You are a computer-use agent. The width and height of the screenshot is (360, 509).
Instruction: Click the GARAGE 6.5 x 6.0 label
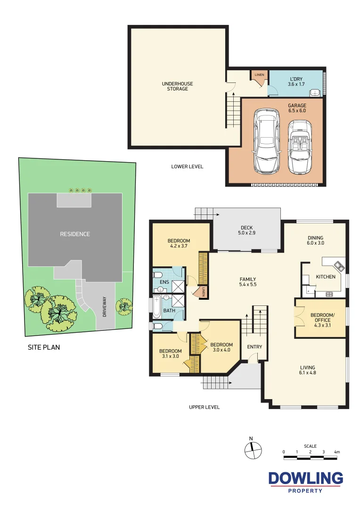pos(297,108)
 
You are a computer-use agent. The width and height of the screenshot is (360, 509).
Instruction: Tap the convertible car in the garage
pos(298,147)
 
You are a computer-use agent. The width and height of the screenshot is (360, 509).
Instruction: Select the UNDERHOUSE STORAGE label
pos(178,86)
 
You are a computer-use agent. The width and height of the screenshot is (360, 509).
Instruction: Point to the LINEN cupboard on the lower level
pos(259,75)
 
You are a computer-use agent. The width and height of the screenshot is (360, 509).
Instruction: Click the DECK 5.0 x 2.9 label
pos(247,230)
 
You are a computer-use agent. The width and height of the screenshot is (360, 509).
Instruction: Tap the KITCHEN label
pos(326,277)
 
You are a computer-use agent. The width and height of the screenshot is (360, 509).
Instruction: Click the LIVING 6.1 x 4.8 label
pos(308,370)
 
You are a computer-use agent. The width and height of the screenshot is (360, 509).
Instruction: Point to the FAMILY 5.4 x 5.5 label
pos(248,281)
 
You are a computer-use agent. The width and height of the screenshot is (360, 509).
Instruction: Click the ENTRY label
pos(254,347)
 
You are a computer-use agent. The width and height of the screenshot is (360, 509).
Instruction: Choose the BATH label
pos(169,311)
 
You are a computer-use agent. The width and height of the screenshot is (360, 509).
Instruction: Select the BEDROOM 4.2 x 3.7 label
pos(179,244)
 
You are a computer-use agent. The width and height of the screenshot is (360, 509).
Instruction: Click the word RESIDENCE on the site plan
pos(75,234)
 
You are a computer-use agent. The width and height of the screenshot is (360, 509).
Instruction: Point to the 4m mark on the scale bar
pos(337,452)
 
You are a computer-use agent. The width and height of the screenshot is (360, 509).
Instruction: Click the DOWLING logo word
pos(305,479)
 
